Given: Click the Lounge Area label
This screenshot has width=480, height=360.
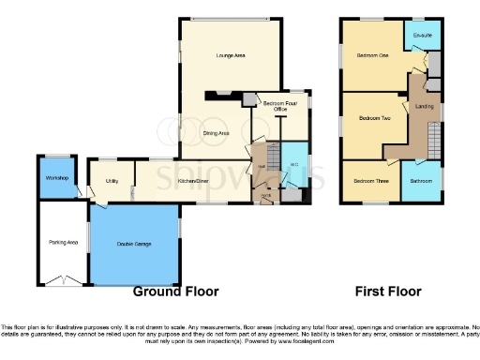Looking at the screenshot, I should [231, 56].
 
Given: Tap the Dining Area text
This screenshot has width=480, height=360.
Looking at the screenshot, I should [217, 134].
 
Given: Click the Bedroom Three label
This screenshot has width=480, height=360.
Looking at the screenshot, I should [368, 179].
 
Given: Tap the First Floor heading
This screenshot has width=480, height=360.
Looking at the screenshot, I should [391, 292].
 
